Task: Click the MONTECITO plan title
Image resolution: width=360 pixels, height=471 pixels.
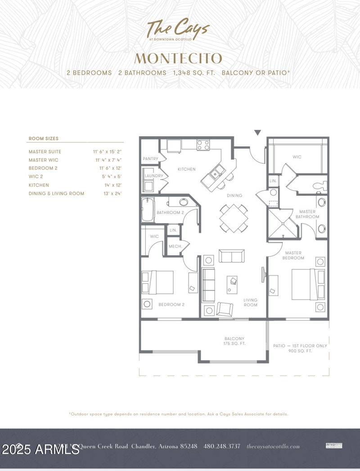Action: tap(178, 58)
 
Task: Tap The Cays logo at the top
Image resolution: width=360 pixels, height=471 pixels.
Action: tap(178, 30)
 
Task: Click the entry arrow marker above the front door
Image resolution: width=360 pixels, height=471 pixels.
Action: tap(257, 133)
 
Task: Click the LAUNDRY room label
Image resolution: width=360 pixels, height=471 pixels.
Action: tap(153, 176)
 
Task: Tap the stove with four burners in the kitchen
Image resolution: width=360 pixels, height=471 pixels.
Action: tap(203, 145)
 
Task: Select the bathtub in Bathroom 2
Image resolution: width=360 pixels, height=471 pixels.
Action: tap(148, 210)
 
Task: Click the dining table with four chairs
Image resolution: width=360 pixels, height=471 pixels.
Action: tap(234, 218)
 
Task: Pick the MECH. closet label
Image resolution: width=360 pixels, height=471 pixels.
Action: tap(175, 247)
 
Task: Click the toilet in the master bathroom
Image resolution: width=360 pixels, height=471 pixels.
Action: tap(321, 185)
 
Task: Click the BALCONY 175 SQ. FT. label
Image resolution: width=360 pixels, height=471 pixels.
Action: tap(234, 341)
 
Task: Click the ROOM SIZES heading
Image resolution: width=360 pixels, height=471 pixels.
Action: tap(43, 139)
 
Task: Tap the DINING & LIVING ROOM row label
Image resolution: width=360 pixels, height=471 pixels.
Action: tap(56, 193)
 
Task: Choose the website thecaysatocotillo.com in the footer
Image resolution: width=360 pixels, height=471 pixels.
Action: tap(273, 446)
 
